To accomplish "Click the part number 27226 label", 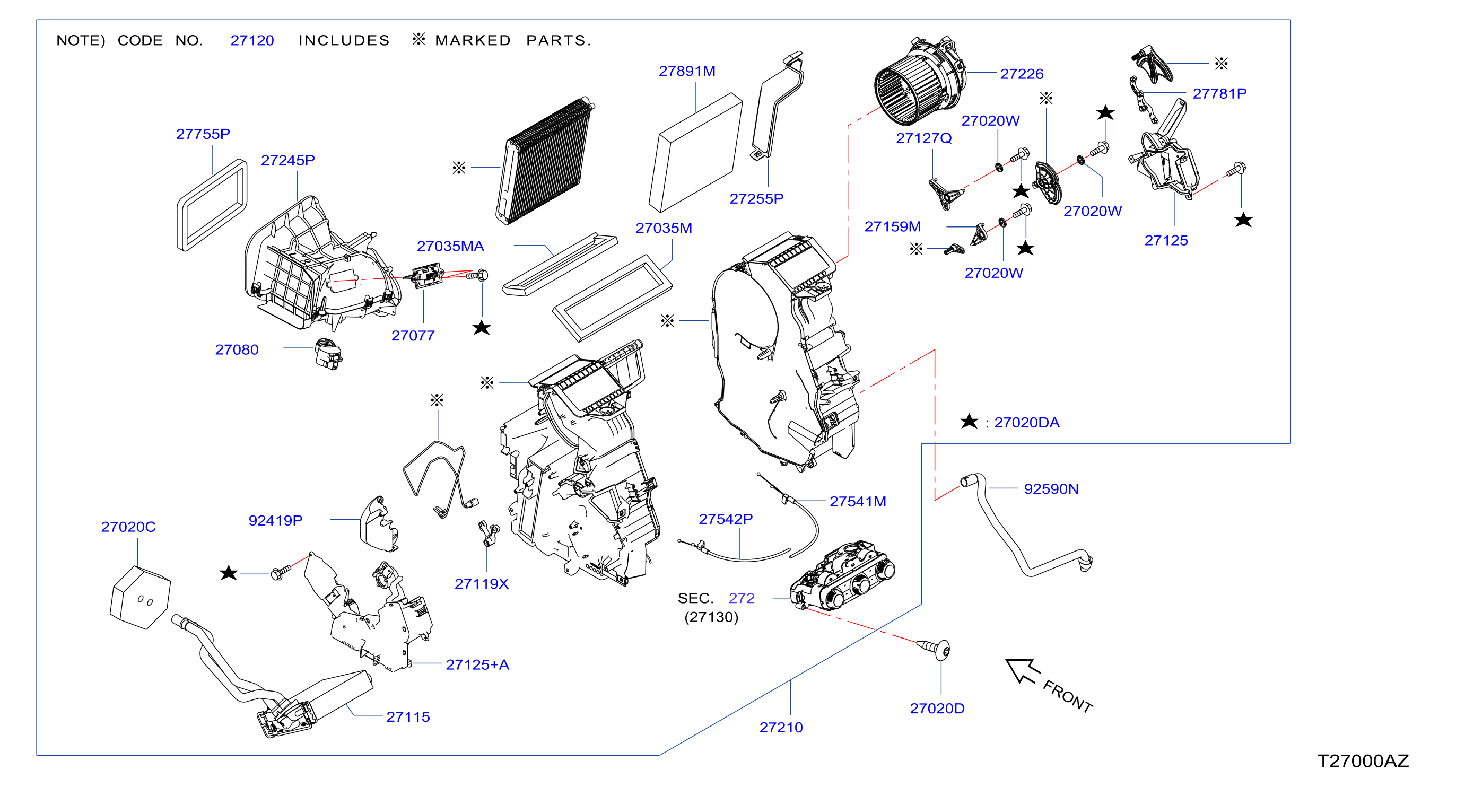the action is (x=1022, y=74).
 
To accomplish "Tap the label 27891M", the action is (x=687, y=71).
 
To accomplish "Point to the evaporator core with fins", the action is (x=545, y=161).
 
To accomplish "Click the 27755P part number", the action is (x=203, y=134).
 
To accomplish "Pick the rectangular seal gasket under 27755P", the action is (x=212, y=205).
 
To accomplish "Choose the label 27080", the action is (x=237, y=349).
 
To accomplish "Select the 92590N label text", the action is (x=1051, y=489).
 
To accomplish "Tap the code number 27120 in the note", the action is (x=252, y=40).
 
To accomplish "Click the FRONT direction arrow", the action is (x=1023, y=670).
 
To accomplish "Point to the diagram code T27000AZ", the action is (x=1363, y=761).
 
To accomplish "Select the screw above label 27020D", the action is (x=934, y=649).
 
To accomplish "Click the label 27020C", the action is (x=128, y=527).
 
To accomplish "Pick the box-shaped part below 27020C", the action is (x=140, y=598).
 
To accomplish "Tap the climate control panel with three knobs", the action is (x=842, y=575).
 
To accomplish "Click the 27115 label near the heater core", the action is (x=408, y=717).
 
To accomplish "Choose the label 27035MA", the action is (x=450, y=246).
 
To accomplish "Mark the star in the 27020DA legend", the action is (x=969, y=422).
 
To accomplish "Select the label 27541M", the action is (x=858, y=502).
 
